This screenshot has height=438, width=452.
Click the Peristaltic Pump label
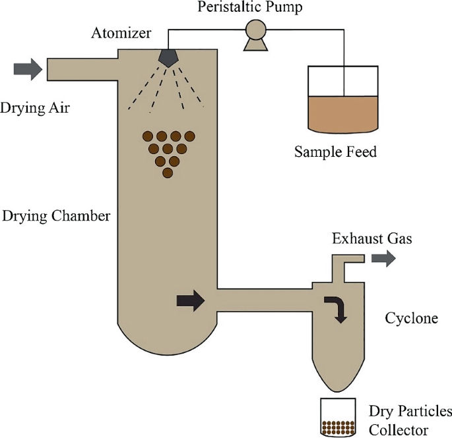(x=249, y=7)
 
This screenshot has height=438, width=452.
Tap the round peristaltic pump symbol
(x=255, y=29)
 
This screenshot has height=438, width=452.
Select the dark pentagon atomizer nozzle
(x=168, y=59)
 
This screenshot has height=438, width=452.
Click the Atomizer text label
(x=121, y=33)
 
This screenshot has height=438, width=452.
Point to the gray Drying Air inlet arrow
(x=28, y=69)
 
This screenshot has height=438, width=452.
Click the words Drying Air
(x=35, y=108)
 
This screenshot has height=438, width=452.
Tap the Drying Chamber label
(x=56, y=216)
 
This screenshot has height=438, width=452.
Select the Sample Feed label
(x=335, y=151)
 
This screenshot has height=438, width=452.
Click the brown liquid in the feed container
(x=343, y=114)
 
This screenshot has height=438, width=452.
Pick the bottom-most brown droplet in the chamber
(x=168, y=173)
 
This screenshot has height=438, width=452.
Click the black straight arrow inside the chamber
(x=191, y=301)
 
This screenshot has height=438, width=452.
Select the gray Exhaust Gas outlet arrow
(x=383, y=258)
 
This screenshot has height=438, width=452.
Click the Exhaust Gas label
(x=372, y=238)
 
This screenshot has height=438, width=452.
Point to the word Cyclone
(x=411, y=318)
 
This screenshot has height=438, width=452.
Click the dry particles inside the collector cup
(x=338, y=427)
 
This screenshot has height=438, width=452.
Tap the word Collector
(x=399, y=430)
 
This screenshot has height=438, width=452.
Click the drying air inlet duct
(x=82, y=69)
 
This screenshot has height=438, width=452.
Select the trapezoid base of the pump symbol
(x=255, y=45)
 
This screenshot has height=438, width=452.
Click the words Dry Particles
(x=410, y=411)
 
